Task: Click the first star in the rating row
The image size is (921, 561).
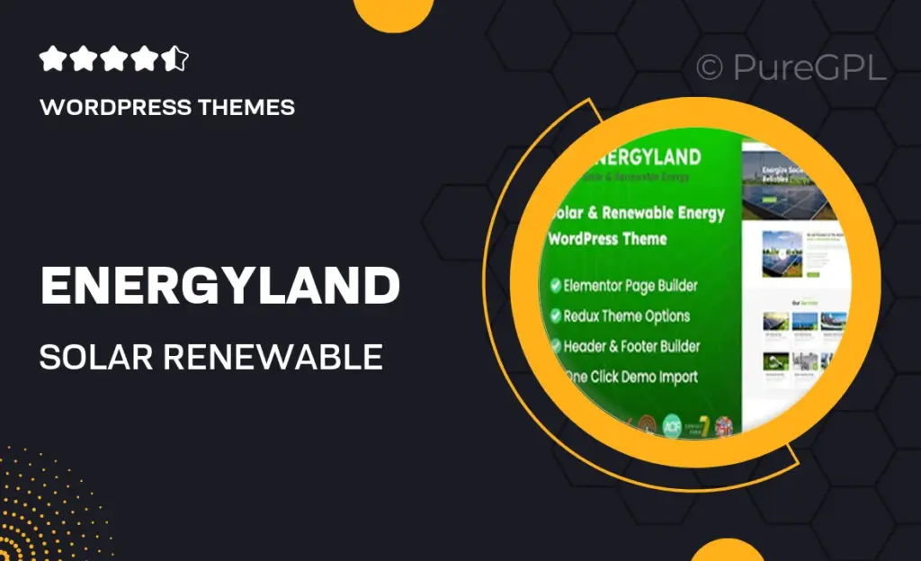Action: pyautogui.click(x=53, y=60)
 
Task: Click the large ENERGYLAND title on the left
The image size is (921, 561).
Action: pyautogui.click(x=219, y=287)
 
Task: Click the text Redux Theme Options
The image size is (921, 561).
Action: pyautogui.click(x=626, y=316)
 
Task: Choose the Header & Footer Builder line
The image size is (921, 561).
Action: pyautogui.click(x=631, y=346)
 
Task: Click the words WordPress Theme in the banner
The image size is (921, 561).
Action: pyautogui.click(x=608, y=239)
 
